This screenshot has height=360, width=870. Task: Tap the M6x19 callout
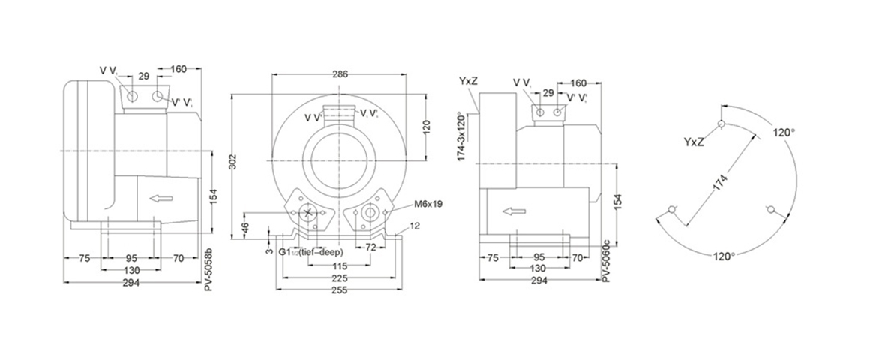click(427, 204)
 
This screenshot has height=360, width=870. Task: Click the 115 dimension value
click(340, 265)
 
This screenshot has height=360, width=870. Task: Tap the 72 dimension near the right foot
click(370, 246)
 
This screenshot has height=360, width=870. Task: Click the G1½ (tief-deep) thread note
click(310, 252)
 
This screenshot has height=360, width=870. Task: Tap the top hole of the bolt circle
click(721, 124)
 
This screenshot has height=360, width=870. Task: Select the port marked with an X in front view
click(308, 213)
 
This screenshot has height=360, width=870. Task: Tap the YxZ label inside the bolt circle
click(694, 142)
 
